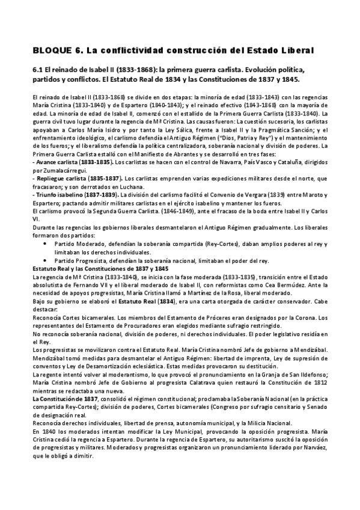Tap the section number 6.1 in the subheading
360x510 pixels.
(x=39, y=70)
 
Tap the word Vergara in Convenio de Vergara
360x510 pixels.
(x=255, y=195)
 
